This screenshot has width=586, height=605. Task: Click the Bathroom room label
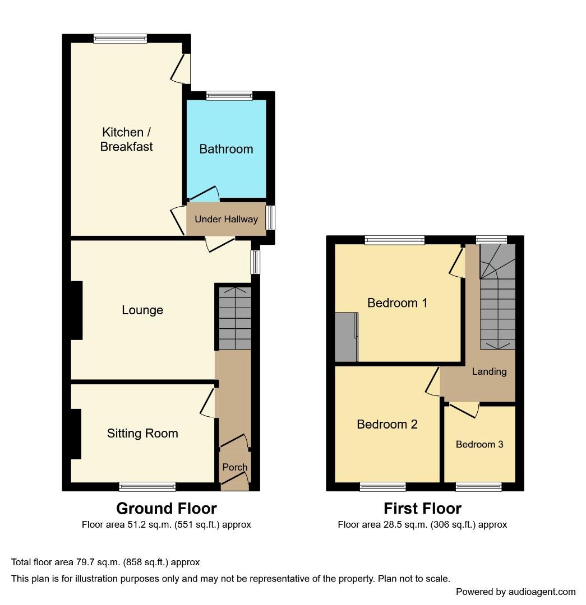[x=226, y=149]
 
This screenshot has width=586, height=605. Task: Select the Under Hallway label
[x=226, y=219]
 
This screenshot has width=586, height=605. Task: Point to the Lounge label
[x=142, y=310]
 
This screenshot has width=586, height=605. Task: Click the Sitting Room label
[x=142, y=433]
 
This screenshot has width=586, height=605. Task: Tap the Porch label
[x=235, y=467]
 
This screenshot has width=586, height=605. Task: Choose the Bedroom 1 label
[x=397, y=303]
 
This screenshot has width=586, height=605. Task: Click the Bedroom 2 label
[x=387, y=424]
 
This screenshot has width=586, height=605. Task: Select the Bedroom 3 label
[x=479, y=444]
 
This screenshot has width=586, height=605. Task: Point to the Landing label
[x=489, y=371]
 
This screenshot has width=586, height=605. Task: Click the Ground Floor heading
[x=166, y=508]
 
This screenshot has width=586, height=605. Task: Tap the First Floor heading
[x=422, y=508]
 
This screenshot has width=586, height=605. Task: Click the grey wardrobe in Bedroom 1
[x=346, y=337]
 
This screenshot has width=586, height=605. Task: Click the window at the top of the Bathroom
[x=229, y=96]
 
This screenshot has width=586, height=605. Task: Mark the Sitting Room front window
[x=147, y=486]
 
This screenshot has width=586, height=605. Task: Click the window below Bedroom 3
[x=478, y=486]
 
